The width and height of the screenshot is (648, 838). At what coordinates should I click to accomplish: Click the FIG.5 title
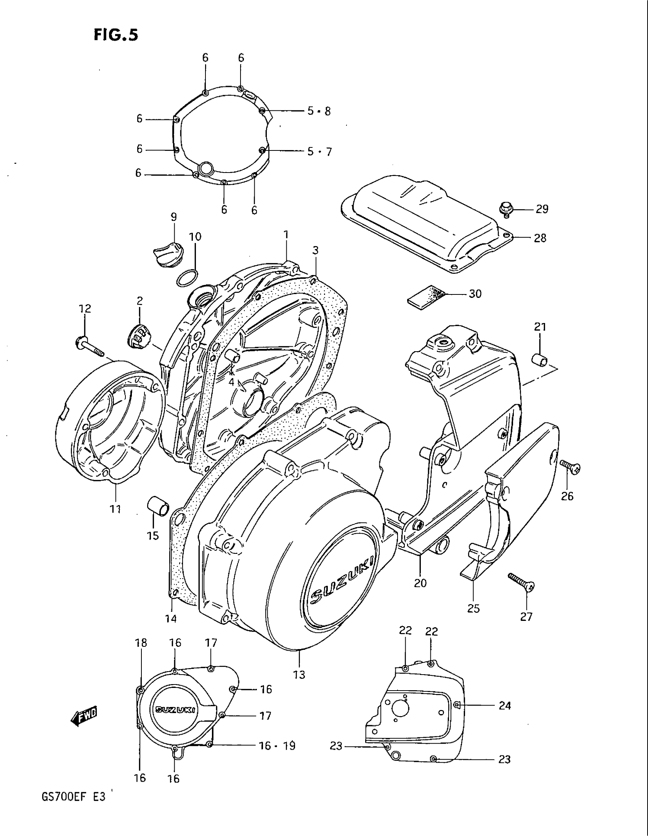pos(115,35)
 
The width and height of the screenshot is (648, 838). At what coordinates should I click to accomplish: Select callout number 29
pos(542,209)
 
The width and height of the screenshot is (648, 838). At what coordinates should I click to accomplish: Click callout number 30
pos(475,294)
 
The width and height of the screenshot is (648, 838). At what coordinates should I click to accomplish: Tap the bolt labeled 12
pos(91,345)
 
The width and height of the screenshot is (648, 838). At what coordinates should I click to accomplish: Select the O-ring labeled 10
pos(187,277)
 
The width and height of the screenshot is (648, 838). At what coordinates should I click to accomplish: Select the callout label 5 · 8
pos(319,111)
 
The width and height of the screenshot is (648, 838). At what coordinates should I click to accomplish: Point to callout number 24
pos(504,705)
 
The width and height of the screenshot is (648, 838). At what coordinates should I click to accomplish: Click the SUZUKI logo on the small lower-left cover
pos(176,710)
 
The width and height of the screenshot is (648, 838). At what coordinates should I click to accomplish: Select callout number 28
pos(540,238)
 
